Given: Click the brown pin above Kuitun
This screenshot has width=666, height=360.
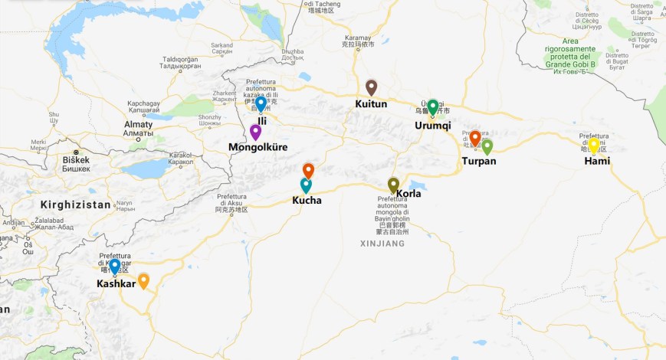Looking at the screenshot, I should coord(371,87).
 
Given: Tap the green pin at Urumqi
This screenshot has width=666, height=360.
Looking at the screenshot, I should coord(432,106).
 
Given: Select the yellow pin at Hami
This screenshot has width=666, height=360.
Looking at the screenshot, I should coord(593,144).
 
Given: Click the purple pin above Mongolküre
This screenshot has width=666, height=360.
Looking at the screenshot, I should coord(255,131).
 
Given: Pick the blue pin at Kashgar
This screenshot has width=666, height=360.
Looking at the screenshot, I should coord(114,266).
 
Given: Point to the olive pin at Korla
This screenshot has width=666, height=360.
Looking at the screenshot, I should coord(393,184).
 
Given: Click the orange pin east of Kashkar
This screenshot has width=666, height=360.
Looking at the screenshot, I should coord(143,280).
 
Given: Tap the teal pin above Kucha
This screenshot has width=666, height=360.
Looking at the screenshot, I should coord(306,185).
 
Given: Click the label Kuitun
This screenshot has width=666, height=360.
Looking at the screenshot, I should coord(371,103).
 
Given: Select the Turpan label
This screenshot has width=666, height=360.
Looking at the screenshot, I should coord(479,162).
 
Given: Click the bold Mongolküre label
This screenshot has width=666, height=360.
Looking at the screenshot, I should coord(258,146).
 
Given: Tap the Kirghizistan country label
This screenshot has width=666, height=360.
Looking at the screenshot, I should coord(76,205).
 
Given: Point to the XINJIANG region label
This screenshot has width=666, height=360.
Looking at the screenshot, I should coord(382,244).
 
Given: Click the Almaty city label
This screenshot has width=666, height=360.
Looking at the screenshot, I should coord(139,124).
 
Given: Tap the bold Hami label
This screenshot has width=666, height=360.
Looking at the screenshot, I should coord(597,161).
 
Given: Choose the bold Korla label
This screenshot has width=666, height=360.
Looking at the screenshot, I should coord(408,194).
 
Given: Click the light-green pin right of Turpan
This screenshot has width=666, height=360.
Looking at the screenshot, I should coord(487,146).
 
